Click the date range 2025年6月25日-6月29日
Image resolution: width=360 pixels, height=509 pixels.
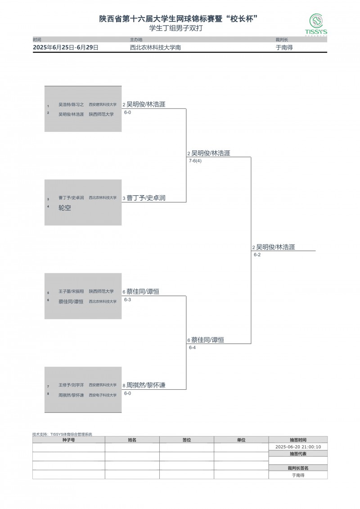[x=66, y=47]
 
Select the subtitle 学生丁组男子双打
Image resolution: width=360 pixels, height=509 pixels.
[x=180, y=27]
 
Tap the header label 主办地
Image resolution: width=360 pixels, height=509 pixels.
[x=136, y=40]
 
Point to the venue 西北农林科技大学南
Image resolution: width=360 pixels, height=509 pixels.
[x=155, y=47]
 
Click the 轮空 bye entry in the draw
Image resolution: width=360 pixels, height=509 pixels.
[x=65, y=208]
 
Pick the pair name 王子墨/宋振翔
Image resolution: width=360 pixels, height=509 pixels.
[x=71, y=292]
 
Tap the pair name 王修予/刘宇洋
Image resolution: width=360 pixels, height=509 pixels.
[x=71, y=385]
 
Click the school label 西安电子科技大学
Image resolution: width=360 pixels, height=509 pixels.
[x=103, y=395]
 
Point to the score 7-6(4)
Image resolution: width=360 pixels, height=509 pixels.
[x=195, y=161]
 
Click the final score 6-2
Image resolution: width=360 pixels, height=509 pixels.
[x=257, y=255]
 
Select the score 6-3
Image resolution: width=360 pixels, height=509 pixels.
[x=127, y=300]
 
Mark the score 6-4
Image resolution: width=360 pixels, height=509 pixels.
[x=192, y=347]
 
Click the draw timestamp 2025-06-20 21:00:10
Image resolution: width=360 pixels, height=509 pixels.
[x=298, y=447]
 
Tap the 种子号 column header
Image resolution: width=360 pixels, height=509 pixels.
[x=68, y=440]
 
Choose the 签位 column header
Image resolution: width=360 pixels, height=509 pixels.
[x=186, y=440]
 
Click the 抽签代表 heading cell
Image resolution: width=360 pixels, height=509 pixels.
[x=298, y=454]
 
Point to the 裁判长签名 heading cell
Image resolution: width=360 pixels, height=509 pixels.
[x=298, y=468]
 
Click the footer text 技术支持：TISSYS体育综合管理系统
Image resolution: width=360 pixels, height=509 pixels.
[x=62, y=434]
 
